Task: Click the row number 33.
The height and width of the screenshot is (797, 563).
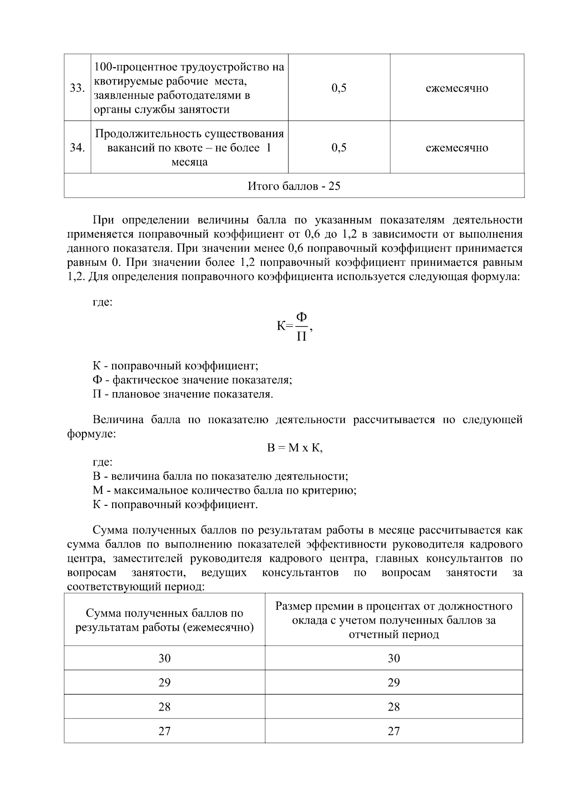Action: (x=77, y=88)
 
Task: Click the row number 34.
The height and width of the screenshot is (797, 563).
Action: (x=77, y=148)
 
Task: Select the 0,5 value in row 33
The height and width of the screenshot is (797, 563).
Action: (x=339, y=88)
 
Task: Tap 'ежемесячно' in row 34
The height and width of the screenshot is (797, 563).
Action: (x=456, y=148)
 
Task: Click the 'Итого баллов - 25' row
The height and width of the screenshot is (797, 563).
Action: (x=294, y=186)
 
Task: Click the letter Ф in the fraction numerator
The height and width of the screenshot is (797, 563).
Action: (x=302, y=318)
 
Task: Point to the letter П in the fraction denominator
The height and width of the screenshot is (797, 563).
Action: (x=302, y=336)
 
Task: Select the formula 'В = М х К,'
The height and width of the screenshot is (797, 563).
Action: (x=295, y=448)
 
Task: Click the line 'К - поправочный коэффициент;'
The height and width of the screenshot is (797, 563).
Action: (x=175, y=366)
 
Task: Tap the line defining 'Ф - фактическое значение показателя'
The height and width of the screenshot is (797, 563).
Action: (x=192, y=380)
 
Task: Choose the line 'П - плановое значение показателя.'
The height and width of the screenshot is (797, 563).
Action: (x=183, y=394)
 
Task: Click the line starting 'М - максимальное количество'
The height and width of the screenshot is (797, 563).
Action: (x=224, y=491)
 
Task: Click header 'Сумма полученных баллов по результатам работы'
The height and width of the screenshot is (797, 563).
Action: (x=164, y=620)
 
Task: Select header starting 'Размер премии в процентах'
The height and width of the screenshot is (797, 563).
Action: (x=394, y=620)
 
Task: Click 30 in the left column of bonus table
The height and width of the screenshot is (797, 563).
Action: (x=164, y=658)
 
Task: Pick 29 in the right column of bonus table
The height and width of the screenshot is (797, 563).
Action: (x=394, y=682)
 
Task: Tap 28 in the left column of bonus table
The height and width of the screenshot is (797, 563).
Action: (x=164, y=707)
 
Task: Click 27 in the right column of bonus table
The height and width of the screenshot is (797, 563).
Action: (x=394, y=731)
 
